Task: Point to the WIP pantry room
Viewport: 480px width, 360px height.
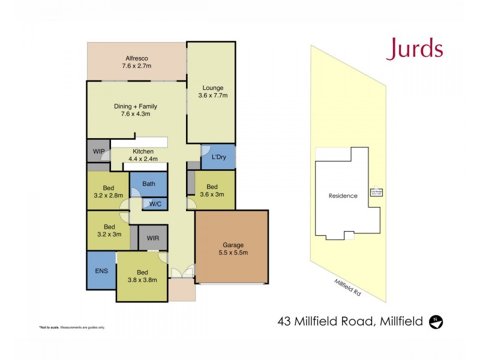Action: point(98,151)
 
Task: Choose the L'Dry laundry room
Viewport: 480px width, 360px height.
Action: point(218,157)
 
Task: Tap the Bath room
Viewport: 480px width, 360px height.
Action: point(149,184)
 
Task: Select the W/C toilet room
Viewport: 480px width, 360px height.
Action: point(155,204)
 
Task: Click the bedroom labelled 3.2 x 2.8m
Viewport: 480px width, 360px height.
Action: point(109,191)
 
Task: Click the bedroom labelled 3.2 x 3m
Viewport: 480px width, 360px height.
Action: point(109,230)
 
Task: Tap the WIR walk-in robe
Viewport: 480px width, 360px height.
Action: point(153,238)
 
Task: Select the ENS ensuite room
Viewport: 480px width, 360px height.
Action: point(101,271)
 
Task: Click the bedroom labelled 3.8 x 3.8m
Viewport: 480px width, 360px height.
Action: point(142,275)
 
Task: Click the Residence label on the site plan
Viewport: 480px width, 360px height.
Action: point(343,196)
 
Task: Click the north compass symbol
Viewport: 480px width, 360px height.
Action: point(437,322)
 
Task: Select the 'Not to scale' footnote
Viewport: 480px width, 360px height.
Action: point(72,327)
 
